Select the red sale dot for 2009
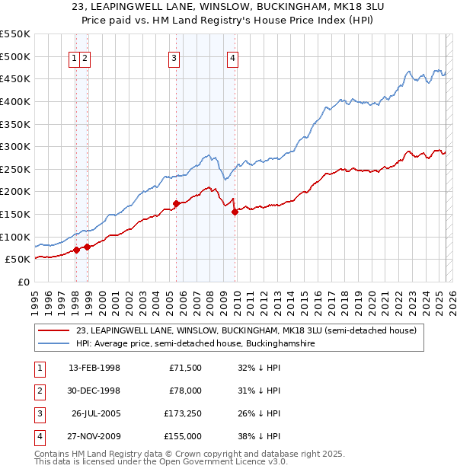coord(235,212)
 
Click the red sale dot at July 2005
coord(176,203)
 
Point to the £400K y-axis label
coord(15,101)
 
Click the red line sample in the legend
coord(54,331)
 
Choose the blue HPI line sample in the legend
coord(54,344)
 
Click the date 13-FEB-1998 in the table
coord(94,368)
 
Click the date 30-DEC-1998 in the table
coord(94,391)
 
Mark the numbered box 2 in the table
coord(39,391)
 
